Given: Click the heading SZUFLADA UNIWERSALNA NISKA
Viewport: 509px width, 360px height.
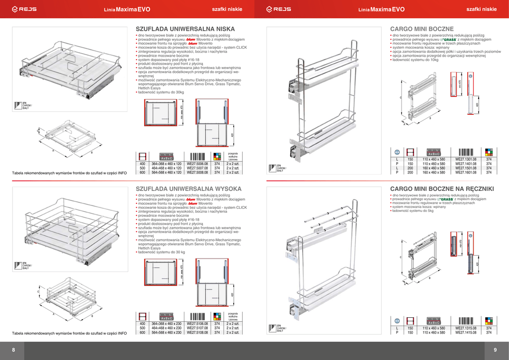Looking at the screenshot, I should point(185,29).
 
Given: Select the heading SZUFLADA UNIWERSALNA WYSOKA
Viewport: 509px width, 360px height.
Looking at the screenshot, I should point(188,188).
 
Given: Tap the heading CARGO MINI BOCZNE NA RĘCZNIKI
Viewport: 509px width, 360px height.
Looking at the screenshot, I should point(442,188).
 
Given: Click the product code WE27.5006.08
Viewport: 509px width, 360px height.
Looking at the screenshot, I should point(197,164).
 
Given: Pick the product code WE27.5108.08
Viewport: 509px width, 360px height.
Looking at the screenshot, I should point(197,333).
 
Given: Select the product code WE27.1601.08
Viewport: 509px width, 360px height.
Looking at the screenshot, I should point(466,173).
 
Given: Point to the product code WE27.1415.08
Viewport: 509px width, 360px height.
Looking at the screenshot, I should point(466,333).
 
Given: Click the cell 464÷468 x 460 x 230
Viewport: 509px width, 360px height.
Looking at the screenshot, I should point(166,328).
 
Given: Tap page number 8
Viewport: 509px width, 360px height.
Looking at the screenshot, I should point(13,351).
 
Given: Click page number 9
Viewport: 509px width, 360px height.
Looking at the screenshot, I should point(495,351).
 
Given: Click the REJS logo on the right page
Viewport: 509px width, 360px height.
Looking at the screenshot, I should point(279,9).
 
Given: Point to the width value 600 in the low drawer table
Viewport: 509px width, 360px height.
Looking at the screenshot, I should point(142,173).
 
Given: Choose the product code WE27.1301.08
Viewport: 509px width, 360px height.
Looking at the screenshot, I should point(466,159).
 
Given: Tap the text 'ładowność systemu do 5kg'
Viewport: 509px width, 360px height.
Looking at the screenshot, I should point(413,211).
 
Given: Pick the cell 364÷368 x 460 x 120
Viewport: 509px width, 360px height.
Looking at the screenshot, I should point(166,164).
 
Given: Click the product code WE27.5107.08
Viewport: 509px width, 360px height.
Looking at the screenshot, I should point(197,328).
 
